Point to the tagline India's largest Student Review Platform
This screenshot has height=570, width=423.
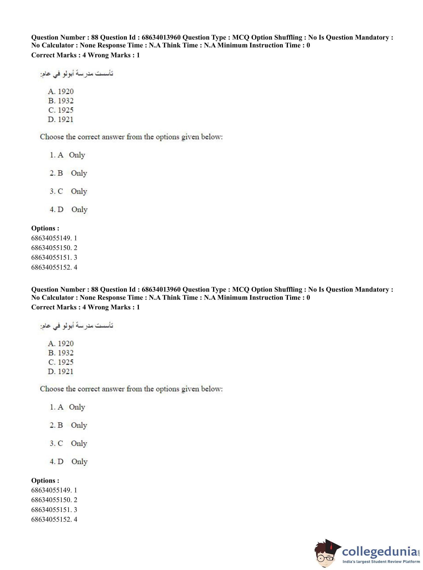click(x=381, y=561)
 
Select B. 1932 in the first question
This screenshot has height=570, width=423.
click(x=61, y=101)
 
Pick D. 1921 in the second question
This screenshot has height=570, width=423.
click(x=60, y=372)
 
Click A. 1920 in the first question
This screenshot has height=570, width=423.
click(x=61, y=92)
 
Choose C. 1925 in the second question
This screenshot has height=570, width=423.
click(x=61, y=362)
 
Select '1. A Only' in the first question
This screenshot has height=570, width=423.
click(x=67, y=155)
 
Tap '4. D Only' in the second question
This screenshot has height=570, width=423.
click(x=68, y=462)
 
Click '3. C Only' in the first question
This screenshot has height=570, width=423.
click(x=68, y=191)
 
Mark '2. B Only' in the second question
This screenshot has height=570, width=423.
click(x=68, y=425)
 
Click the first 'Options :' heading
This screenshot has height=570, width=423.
click(x=45, y=228)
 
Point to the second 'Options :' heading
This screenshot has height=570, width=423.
click(x=45, y=480)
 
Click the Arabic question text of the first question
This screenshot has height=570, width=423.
click(x=76, y=74)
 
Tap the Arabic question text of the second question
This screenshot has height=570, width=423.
click(x=76, y=326)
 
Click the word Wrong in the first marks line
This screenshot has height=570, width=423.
click(x=98, y=55)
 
